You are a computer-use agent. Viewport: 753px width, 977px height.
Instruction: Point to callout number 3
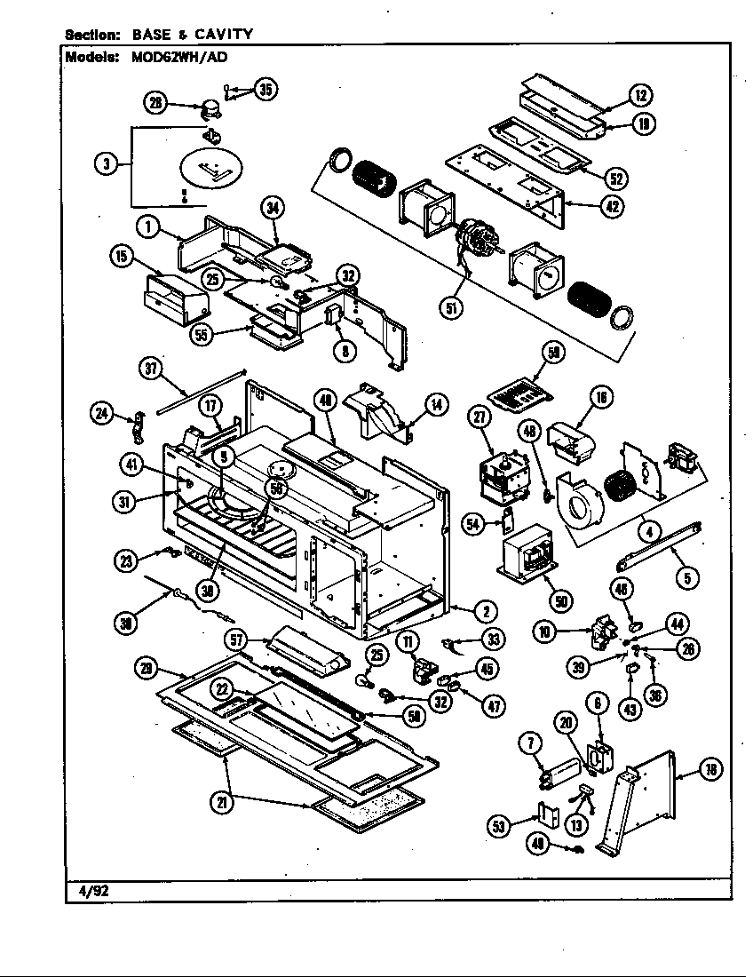[107, 164]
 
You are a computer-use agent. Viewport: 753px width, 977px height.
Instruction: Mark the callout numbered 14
[436, 405]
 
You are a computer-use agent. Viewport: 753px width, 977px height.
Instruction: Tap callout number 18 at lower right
[710, 770]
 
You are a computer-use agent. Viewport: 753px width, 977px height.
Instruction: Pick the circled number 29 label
[146, 666]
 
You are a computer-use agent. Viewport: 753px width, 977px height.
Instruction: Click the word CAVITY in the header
[222, 35]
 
